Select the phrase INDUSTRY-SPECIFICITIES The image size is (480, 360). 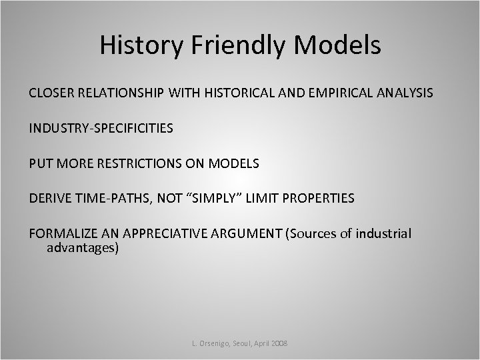click(101, 127)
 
